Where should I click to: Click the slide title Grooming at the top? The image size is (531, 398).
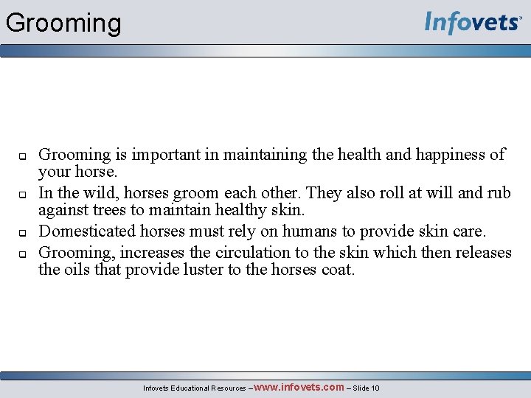[63, 23]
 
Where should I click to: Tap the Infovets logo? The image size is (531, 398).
[472, 23]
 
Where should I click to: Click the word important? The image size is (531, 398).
[184, 155]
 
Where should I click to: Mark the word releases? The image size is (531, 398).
[477, 252]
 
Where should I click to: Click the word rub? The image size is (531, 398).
[499, 193]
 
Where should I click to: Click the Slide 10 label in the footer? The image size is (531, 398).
[366, 388]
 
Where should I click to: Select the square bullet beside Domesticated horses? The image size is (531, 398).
[22, 232]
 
